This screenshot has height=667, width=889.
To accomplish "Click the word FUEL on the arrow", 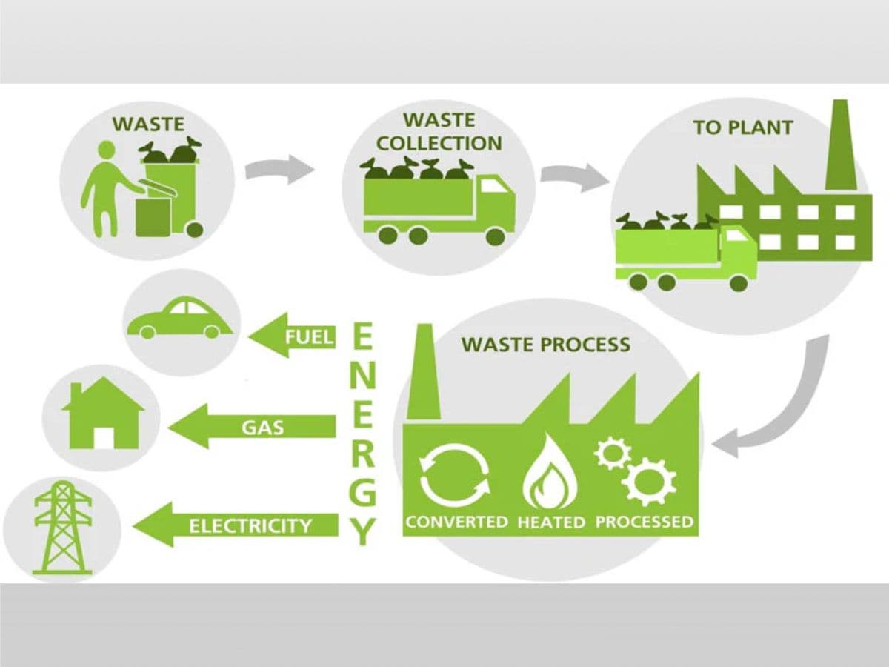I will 310,337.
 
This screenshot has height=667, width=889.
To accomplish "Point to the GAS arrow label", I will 262,427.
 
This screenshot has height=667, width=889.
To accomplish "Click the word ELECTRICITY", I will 250,526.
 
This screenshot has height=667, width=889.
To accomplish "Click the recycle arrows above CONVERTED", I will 454,475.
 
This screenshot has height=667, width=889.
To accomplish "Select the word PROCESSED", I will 644,522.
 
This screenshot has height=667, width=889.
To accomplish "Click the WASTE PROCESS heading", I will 545,345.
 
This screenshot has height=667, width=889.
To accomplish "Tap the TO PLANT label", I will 742,127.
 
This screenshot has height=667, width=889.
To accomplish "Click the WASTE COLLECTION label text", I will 439,131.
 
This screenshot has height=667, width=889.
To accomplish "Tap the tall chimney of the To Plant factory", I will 840,148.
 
